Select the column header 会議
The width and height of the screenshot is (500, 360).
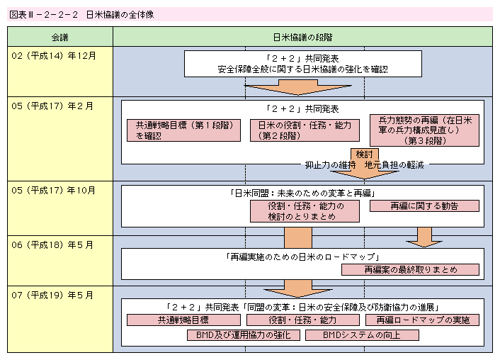60,37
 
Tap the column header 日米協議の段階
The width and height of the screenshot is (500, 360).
302,37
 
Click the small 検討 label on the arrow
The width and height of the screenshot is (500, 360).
364,154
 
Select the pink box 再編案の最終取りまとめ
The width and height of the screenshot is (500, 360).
410,269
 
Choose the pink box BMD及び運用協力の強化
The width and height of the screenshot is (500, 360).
243,334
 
